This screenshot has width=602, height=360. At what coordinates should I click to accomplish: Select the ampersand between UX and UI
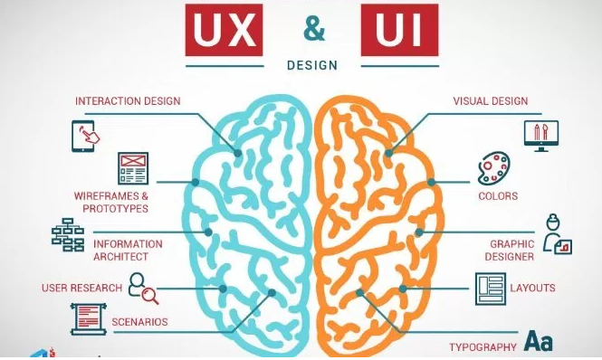coord(313,29)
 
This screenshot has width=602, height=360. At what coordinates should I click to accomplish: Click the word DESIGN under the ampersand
coord(311,65)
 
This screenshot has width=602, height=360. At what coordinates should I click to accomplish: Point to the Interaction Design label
coord(128,100)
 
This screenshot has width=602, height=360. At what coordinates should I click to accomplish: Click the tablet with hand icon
coord(83,135)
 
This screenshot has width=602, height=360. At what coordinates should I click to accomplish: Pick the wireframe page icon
coord(132,168)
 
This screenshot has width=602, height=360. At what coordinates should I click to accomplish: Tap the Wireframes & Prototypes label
coord(111,202)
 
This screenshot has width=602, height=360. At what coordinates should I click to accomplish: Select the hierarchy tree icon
coord(67,236)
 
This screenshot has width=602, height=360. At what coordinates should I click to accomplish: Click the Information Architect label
coord(129,250)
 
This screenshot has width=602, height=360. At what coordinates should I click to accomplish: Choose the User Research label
coord(81,289)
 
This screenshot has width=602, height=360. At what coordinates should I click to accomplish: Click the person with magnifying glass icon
coord(142,289)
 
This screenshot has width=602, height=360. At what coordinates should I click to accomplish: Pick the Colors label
coord(498,195)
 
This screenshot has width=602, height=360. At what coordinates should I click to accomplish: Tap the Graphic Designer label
coord(511,250)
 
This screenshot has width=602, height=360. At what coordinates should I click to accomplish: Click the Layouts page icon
coord(490,289)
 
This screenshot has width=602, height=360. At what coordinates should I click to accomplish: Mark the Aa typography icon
coord(540,341)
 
